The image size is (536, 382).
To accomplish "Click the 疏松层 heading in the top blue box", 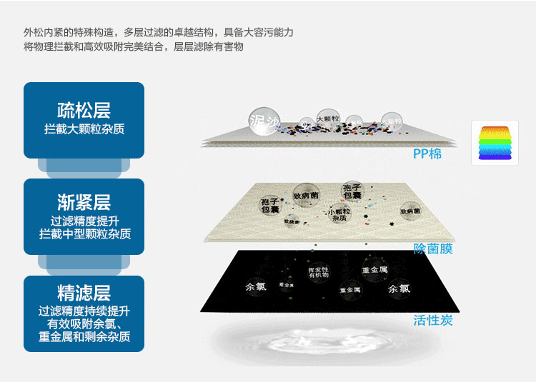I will click(x=84, y=111).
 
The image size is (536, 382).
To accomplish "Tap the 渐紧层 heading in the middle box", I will click(x=84, y=201).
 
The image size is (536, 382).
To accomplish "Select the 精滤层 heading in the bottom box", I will click(x=84, y=293).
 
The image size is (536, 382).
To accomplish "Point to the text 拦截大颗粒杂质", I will click(x=84, y=129).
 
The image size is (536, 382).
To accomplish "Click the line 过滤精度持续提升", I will click(x=84, y=311).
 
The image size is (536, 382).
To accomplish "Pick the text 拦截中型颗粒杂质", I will click(x=84, y=233).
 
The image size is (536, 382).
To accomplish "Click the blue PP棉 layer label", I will click(x=427, y=154).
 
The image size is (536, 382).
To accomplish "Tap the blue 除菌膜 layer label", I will click(x=433, y=248).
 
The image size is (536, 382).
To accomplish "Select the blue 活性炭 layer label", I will click(x=433, y=320).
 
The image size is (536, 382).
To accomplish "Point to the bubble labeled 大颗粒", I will click(x=327, y=119).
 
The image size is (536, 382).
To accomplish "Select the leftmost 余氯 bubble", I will click(x=255, y=287).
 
